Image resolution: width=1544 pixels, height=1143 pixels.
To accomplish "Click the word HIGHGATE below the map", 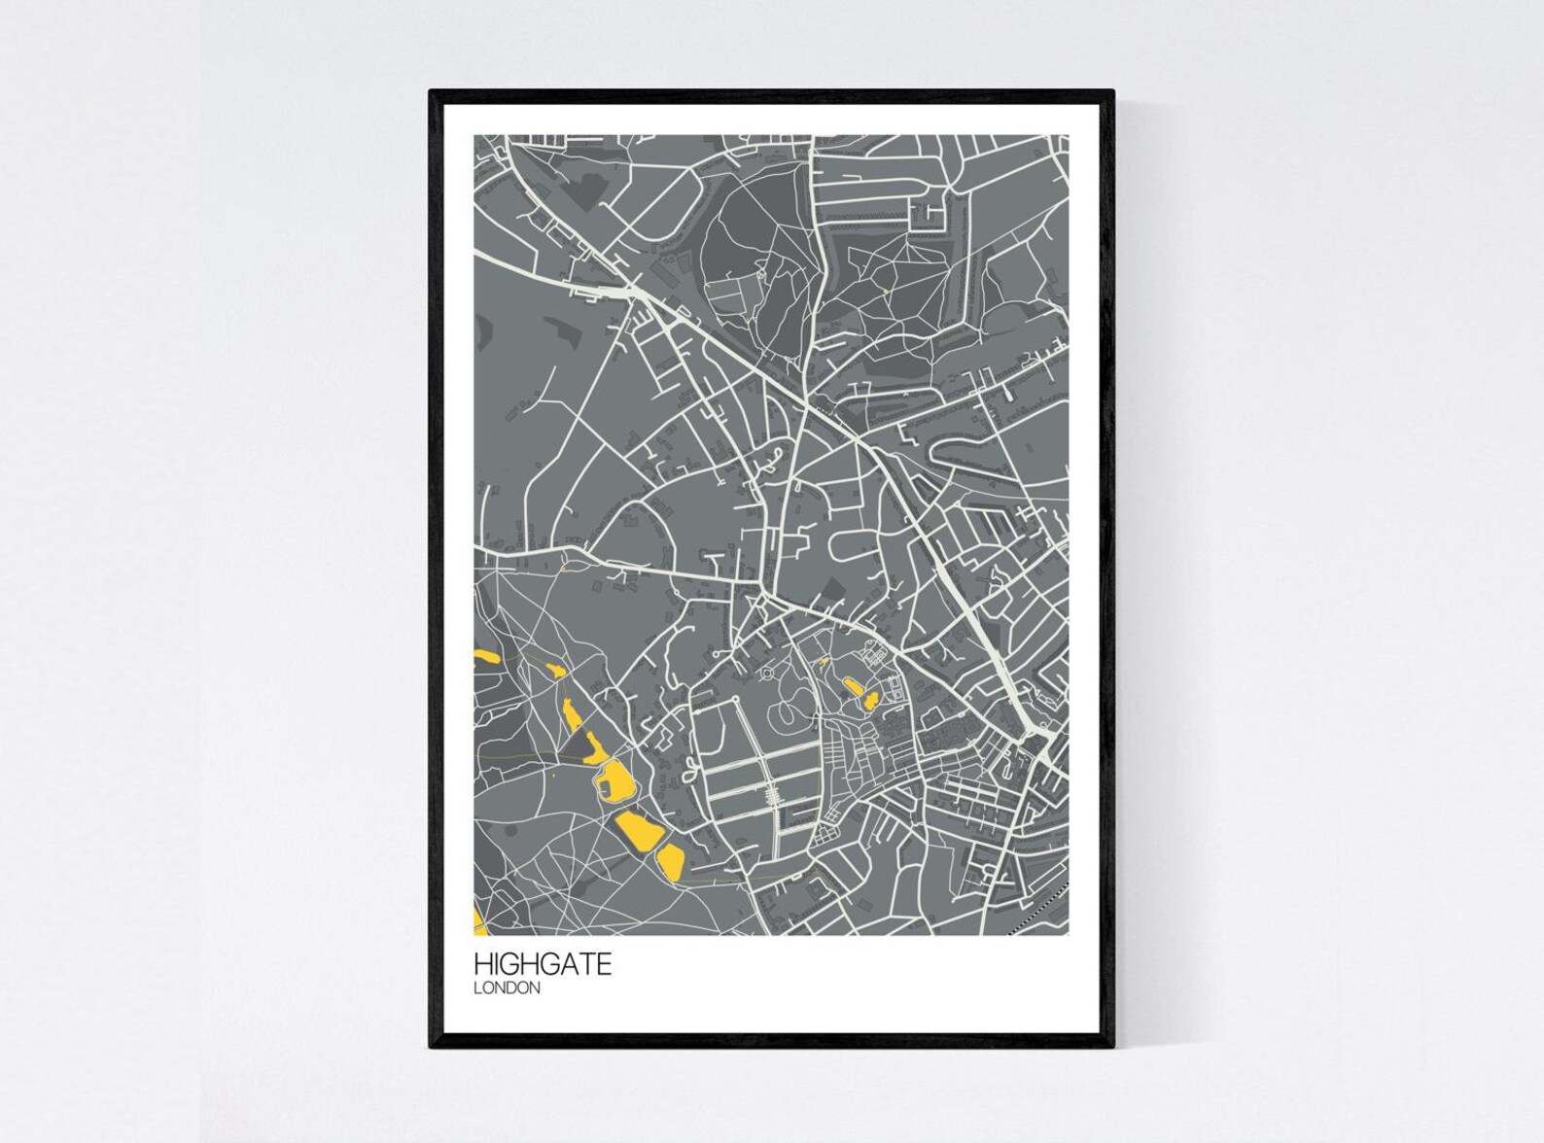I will [543, 965].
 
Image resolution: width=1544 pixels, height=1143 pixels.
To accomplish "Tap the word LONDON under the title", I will [507, 988].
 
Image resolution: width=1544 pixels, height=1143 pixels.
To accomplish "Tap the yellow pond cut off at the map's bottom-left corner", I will [477, 920].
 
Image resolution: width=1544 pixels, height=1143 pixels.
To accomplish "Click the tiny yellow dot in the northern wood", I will [886, 290].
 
